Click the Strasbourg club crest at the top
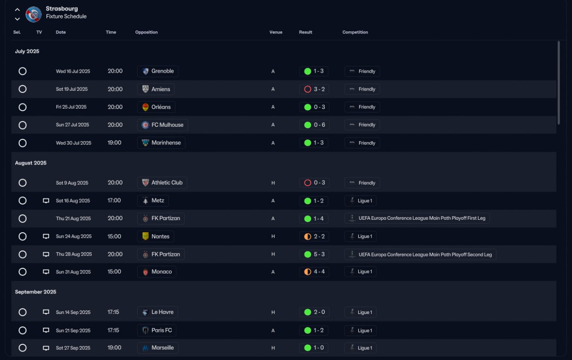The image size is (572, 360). (33, 15)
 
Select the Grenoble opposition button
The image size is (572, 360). (158, 71)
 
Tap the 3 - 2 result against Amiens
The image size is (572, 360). (314, 89)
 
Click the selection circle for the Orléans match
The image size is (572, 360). (22, 107)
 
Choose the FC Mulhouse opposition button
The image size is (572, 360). (162, 125)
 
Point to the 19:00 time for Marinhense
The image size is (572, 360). (114, 143)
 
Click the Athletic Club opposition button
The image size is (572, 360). (162, 183)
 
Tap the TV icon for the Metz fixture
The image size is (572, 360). (46, 201)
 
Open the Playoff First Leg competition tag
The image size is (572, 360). (417, 218)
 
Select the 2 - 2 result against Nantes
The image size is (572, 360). (314, 236)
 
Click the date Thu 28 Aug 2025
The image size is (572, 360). (74, 254)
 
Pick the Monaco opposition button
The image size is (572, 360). (156, 272)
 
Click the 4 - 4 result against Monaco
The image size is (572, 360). (314, 272)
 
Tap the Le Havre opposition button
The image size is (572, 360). (157, 312)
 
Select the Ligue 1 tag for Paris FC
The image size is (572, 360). (360, 331)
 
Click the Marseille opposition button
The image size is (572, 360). (158, 348)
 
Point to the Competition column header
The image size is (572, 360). (355, 32)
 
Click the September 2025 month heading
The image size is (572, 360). (36, 292)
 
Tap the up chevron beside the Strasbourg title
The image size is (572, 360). (17, 9)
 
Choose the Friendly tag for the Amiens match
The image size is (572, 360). (362, 89)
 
